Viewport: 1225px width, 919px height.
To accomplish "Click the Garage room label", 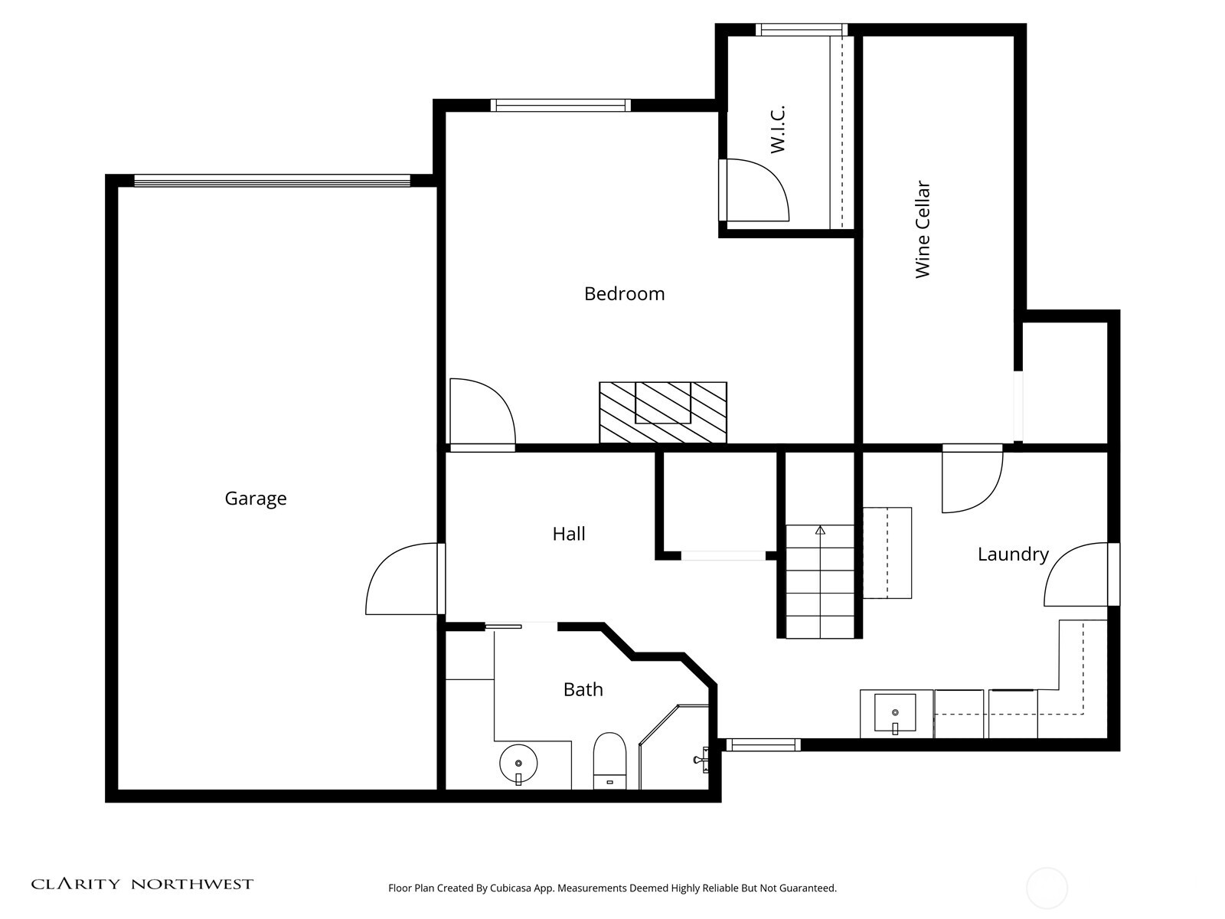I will [x=256, y=499].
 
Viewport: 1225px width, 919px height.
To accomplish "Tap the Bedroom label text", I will [x=624, y=294].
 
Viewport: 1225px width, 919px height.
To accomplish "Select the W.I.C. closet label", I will [x=779, y=129].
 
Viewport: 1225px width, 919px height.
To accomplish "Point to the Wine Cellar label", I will [x=923, y=230].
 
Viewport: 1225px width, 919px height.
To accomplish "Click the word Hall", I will [x=569, y=534].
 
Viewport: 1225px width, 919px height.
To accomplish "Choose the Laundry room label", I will [x=1012, y=554].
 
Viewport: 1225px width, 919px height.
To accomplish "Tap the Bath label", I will [x=583, y=690].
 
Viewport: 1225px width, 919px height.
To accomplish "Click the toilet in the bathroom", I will [x=610, y=760].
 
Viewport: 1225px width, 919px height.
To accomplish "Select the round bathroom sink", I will [x=519, y=764].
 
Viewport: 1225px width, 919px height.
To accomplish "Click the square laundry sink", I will [x=895, y=714].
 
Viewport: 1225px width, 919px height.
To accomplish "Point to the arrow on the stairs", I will [x=820, y=529].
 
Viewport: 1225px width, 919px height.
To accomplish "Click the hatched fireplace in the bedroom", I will [x=663, y=412].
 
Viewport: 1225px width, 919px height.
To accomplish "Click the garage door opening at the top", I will [x=272, y=181].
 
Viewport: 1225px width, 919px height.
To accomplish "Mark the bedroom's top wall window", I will [x=560, y=106].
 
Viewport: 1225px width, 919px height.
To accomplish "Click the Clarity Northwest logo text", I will [x=142, y=885].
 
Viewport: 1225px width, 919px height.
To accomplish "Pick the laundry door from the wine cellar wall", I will [x=972, y=480].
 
